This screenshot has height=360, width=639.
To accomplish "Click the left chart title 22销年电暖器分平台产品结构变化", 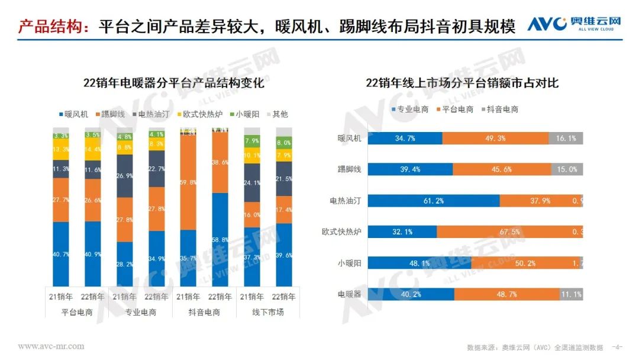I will tap(173, 83).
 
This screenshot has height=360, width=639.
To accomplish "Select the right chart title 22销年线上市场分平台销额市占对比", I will tap(462, 83).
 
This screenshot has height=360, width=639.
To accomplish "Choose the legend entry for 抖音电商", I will tap(501, 109).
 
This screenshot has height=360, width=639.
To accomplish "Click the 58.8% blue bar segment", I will tap(220, 239).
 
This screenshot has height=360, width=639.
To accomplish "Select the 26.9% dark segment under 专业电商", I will tap(125, 176).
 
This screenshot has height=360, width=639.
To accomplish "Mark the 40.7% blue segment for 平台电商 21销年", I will tap(61, 254).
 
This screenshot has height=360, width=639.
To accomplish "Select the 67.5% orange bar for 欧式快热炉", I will tap(509, 232).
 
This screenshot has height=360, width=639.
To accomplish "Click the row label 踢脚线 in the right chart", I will tap(349, 169).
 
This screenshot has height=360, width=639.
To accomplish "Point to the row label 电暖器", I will tap(349, 294).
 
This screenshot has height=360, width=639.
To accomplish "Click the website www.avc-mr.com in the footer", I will tap(51, 346).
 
